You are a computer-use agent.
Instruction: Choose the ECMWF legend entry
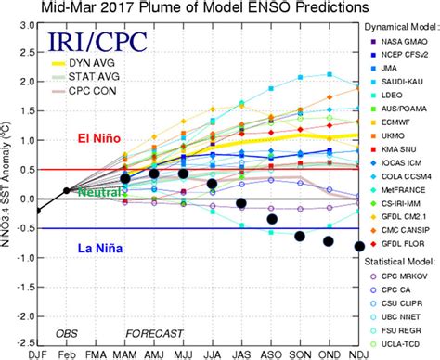click(395, 119)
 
